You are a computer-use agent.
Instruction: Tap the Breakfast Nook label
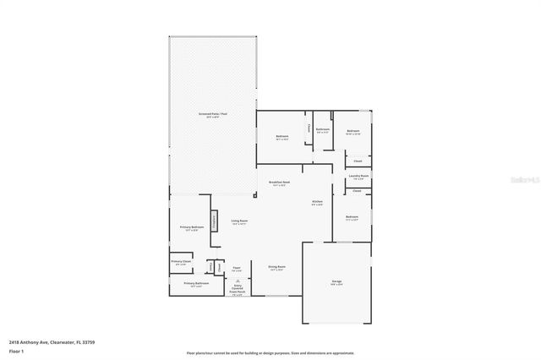coord(280,182)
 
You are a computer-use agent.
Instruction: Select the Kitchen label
coord(317,202)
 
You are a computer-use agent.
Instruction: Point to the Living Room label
coord(239,221)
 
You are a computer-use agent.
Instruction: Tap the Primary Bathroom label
coord(196,284)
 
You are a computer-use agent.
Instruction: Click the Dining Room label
coord(277,268)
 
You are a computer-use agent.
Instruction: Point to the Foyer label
coord(238,268)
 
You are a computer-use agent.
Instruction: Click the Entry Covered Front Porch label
coord(238,290)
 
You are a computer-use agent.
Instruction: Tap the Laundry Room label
coord(358,176)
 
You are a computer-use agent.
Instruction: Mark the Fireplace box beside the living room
coord(215,218)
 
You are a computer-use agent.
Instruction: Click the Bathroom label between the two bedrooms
coord(323,129)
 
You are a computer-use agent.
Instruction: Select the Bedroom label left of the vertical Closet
coord(281,136)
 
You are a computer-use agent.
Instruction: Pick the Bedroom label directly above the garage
coord(352,218)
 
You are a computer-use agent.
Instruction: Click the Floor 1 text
coord(16,350)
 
